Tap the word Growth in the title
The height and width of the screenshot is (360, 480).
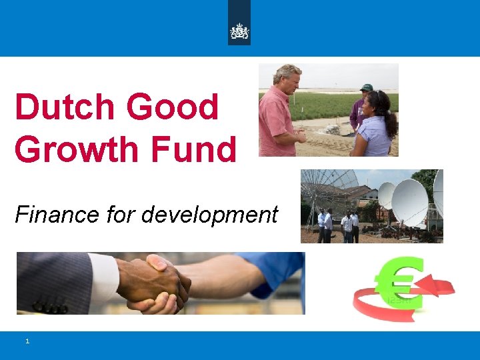tap(75, 149)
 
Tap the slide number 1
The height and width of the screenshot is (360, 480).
tap(27, 341)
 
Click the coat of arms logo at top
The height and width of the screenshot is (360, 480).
tap(239, 31)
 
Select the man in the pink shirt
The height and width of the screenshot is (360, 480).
tap(277, 113)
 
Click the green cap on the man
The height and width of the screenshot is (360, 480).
tap(366, 87)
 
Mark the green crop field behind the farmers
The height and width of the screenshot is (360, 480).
tap(327, 103)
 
